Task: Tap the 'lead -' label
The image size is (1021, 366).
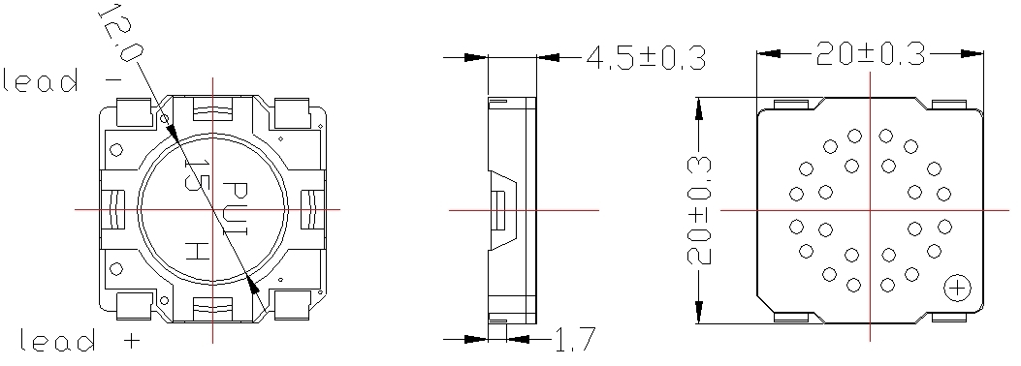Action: pos(62,80)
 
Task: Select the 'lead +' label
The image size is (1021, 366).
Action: pos(80,340)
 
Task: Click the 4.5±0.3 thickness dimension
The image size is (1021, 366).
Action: pos(646,57)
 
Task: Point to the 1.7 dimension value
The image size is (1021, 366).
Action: pos(574,339)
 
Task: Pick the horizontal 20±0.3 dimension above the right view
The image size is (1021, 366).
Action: pos(871,54)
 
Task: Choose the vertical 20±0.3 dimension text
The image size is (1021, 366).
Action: pos(699,211)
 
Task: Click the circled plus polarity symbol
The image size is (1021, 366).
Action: pos(957,288)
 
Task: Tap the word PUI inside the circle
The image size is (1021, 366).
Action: pos(236,209)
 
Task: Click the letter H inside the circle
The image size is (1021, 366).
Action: pos(197,250)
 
